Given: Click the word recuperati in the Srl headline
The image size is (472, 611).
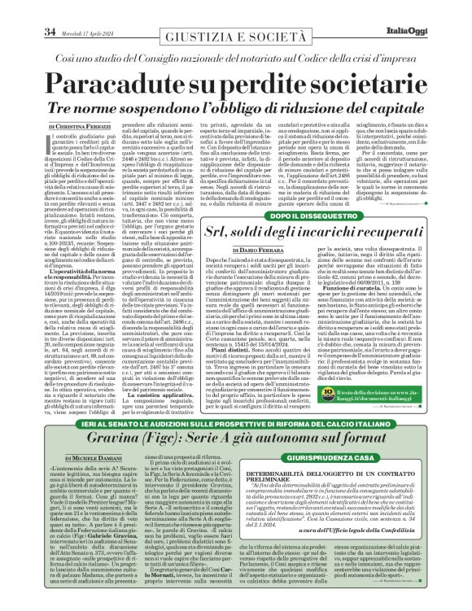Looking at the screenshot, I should tap(387, 237).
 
